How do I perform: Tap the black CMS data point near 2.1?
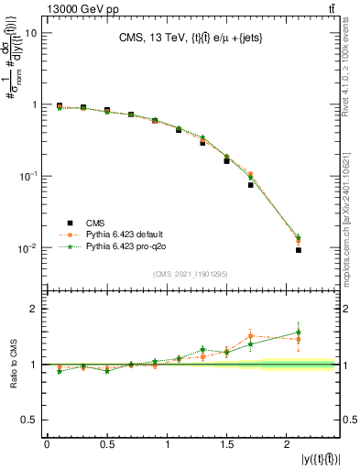point(299,250)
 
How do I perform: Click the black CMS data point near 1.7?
point(250,185)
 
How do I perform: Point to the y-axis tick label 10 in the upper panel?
point(31,33)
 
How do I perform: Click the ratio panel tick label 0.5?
point(30,420)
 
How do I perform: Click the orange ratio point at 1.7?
point(250,335)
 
